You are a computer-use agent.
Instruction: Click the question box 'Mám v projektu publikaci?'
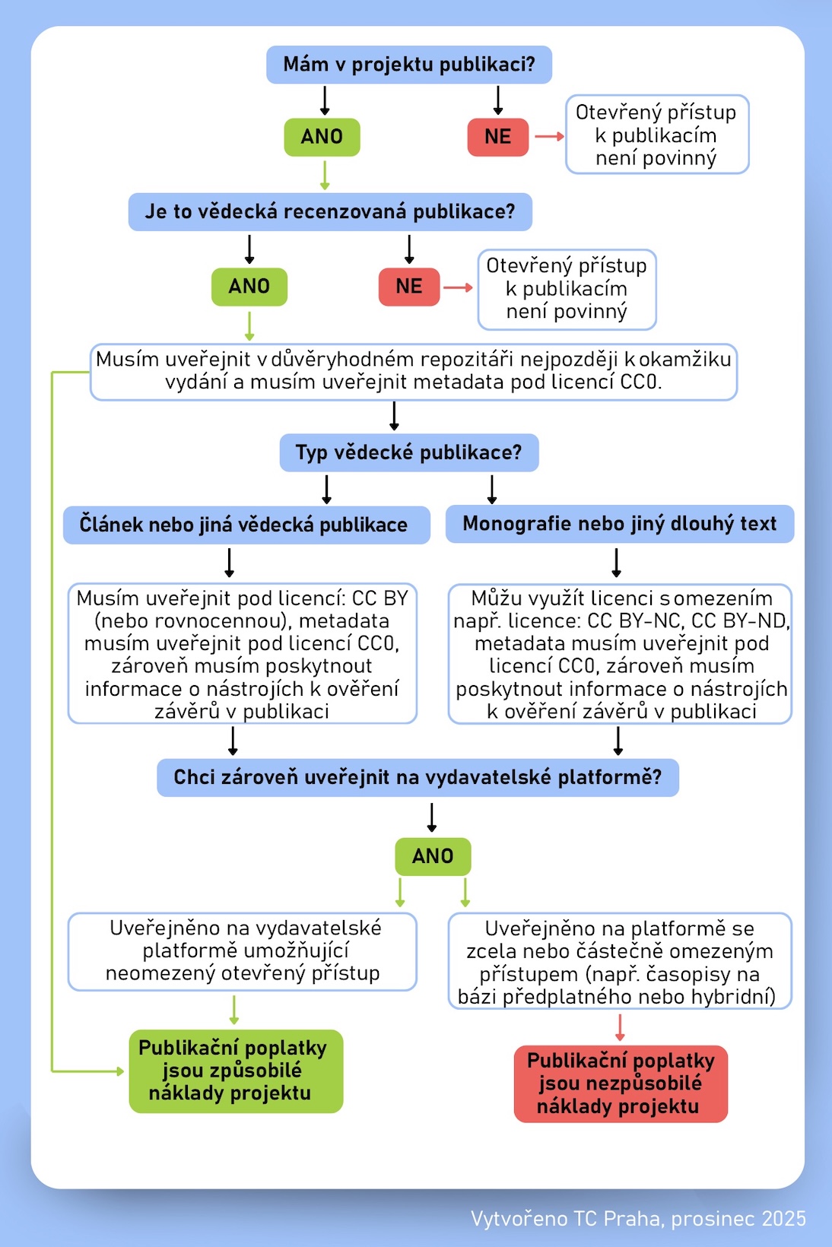coord(409,65)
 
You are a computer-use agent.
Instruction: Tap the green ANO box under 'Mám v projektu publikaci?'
coord(322,137)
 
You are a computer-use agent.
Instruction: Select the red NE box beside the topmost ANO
coord(497,137)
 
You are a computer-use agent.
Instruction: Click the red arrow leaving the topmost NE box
coord(549,136)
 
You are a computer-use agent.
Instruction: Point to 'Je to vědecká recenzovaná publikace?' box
coord(330,211)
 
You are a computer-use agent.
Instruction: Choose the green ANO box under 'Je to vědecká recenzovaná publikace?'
coord(249,287)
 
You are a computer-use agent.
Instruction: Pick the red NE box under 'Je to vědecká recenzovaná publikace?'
coord(409,287)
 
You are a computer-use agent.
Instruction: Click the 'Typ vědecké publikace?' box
coord(409,452)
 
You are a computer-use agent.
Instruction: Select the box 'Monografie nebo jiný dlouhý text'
coord(620,524)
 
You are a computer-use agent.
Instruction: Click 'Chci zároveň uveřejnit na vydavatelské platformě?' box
coord(418,777)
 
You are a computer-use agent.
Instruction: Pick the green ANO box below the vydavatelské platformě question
coord(433,856)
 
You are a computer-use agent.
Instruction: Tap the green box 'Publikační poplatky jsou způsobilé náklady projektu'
coord(236,1071)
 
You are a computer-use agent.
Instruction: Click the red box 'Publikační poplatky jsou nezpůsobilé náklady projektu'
coord(621,1084)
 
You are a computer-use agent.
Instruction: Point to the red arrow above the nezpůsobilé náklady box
coord(620,1027)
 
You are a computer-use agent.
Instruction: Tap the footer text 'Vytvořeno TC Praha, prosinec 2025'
coord(638,1218)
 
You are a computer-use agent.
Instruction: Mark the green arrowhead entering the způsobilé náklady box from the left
coord(119,1071)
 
